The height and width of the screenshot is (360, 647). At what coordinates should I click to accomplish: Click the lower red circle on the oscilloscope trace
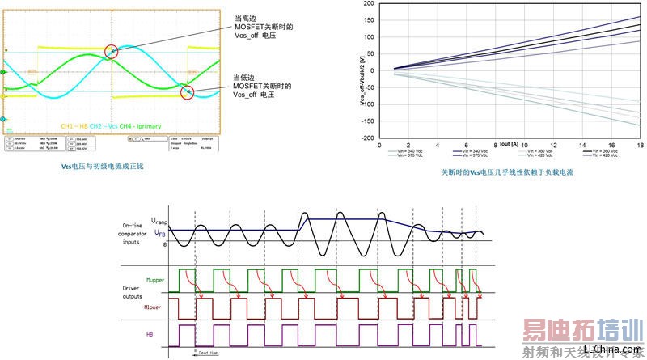188,92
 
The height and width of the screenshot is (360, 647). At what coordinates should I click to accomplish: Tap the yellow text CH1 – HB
74,126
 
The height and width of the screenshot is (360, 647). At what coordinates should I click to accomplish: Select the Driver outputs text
126,294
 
